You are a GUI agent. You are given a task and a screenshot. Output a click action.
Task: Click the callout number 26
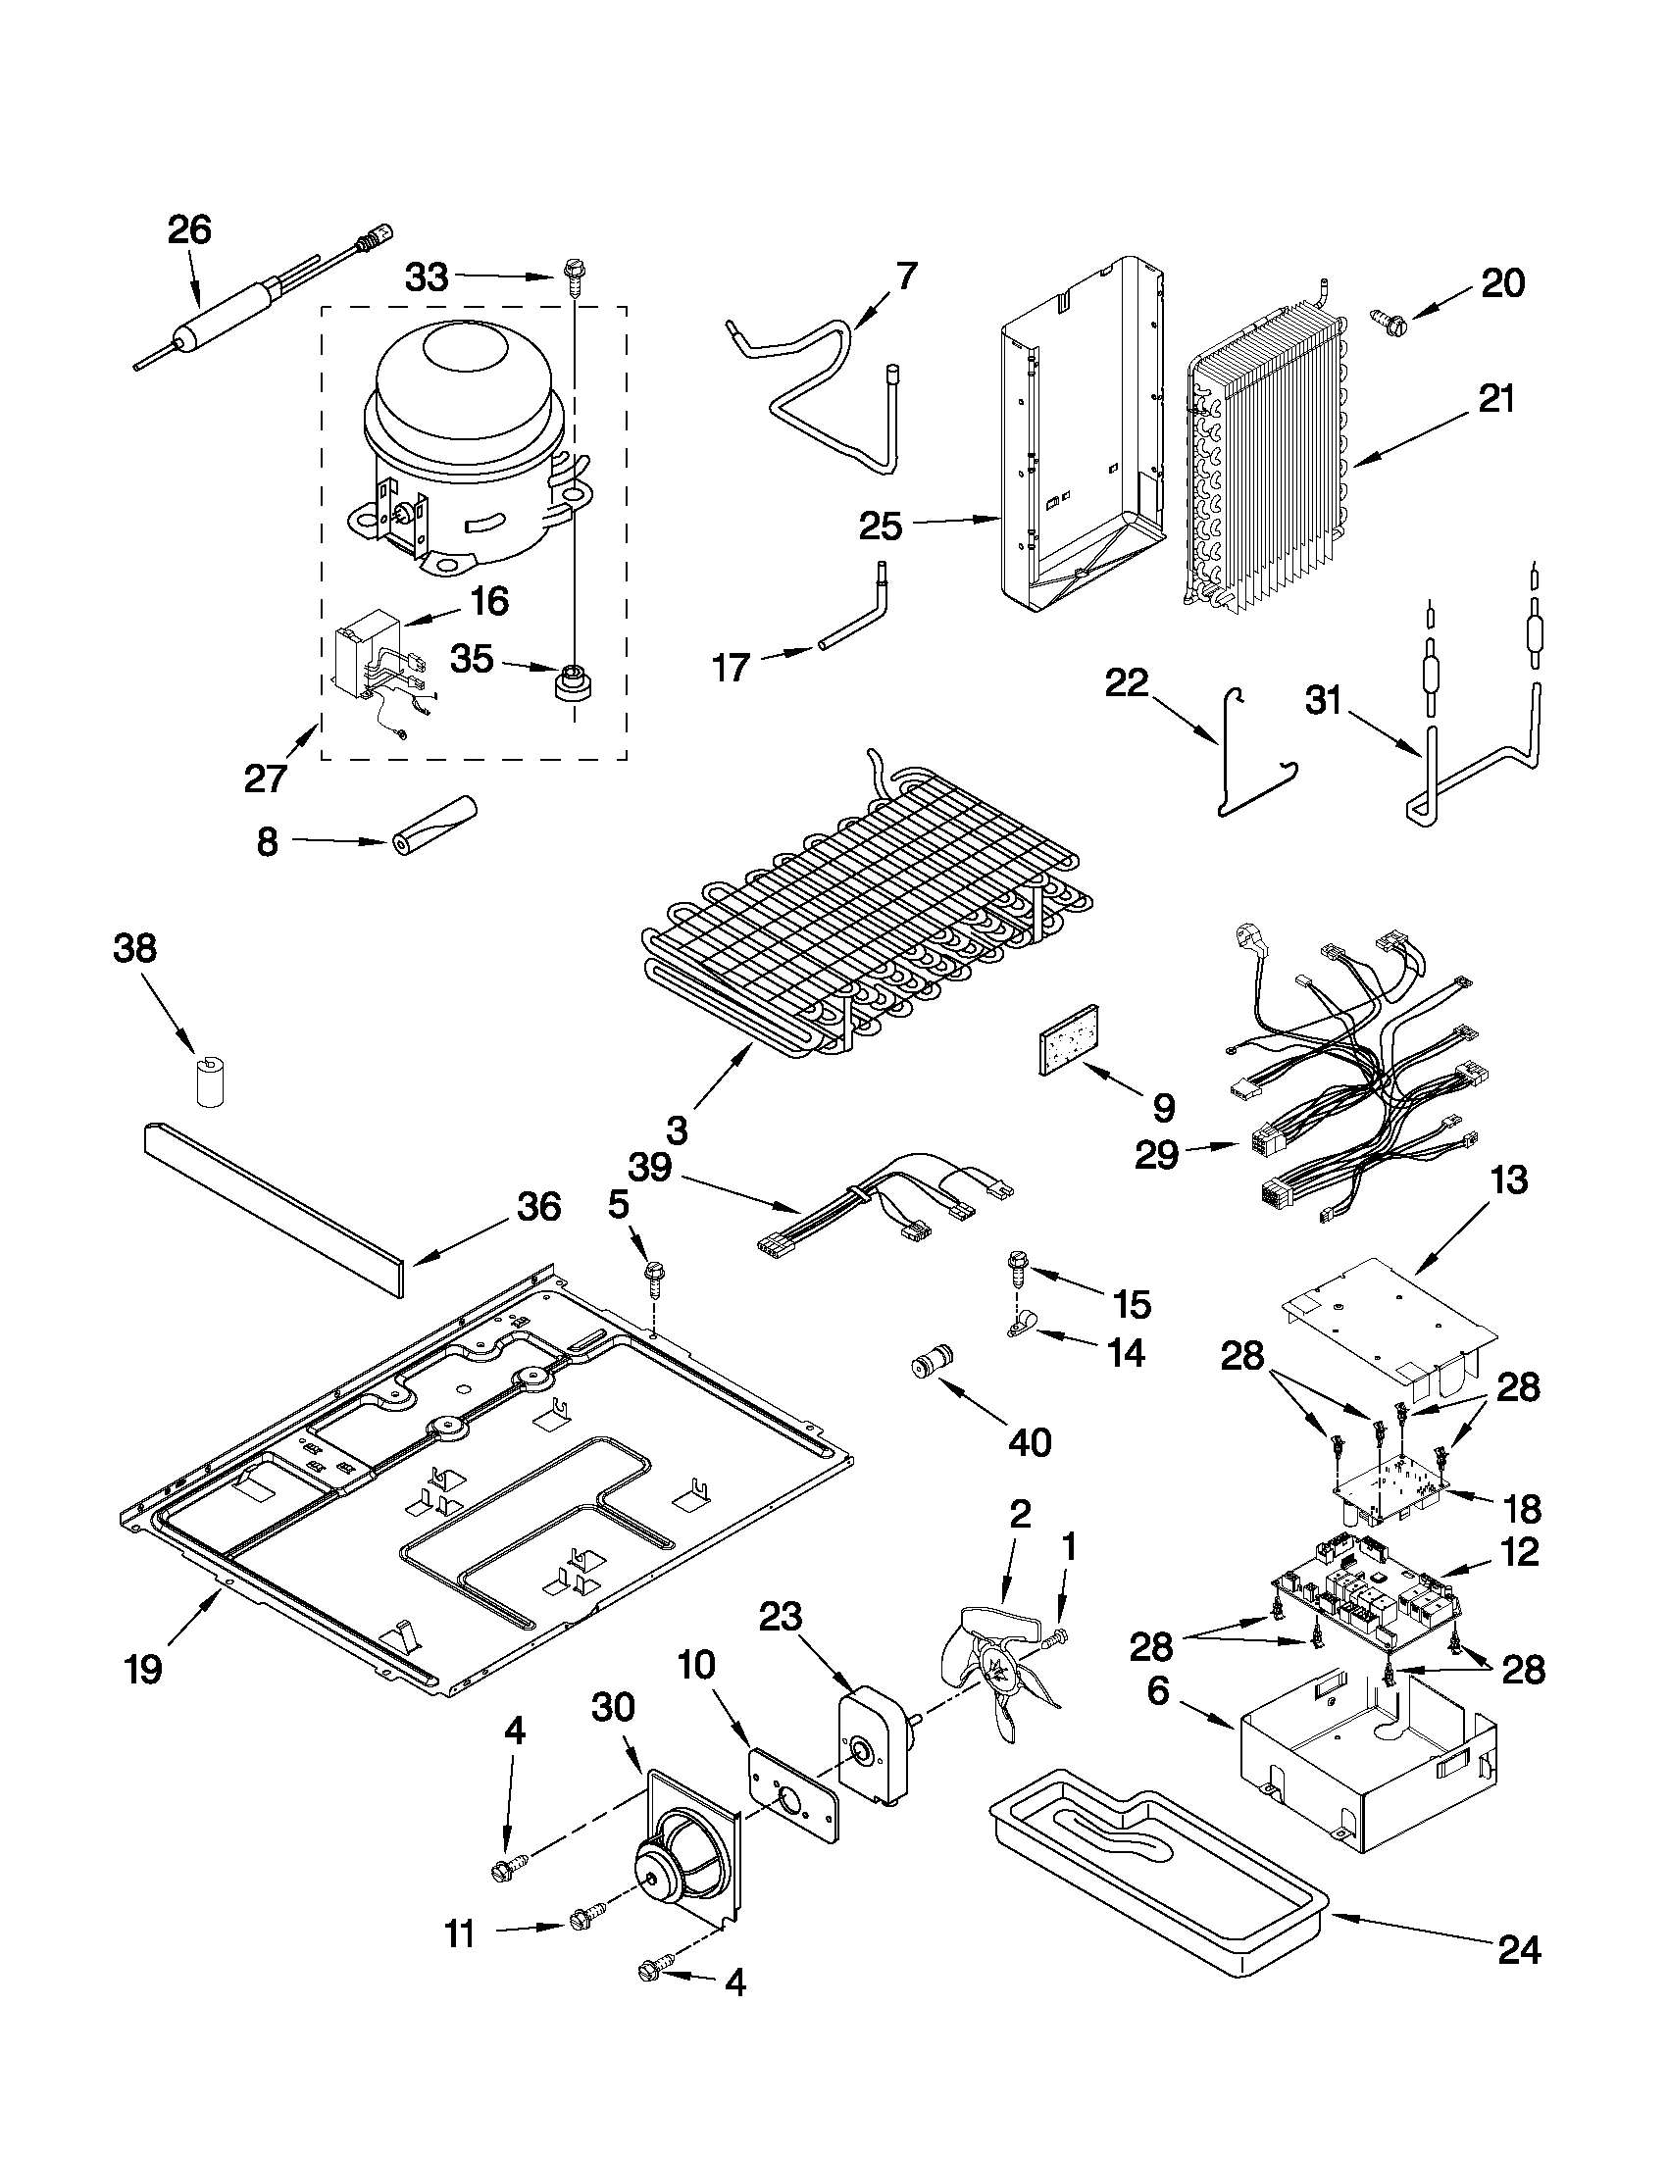coord(188,230)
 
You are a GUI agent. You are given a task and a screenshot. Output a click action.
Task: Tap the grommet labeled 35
coord(569,681)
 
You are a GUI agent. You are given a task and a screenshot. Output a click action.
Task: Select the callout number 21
coord(1495,400)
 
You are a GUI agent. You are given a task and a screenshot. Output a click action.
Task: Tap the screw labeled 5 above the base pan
coord(652,1277)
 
